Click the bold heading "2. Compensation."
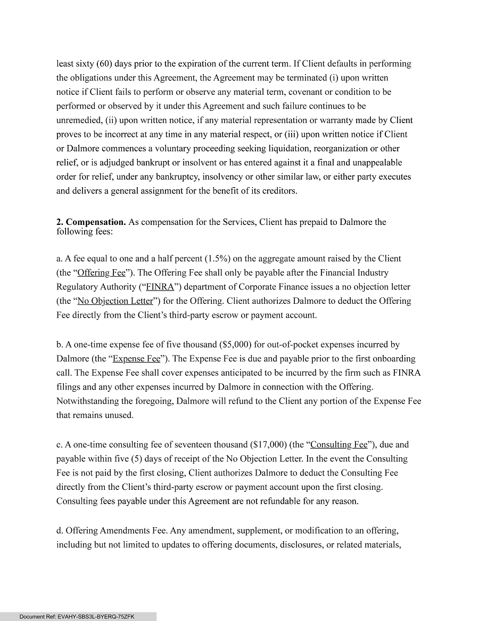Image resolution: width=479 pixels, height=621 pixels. pos(91,222)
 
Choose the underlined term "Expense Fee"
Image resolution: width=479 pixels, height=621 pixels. pos(136,359)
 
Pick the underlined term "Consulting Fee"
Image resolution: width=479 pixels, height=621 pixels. pos(339,445)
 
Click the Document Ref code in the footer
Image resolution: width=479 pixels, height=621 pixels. pos(77,617)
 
